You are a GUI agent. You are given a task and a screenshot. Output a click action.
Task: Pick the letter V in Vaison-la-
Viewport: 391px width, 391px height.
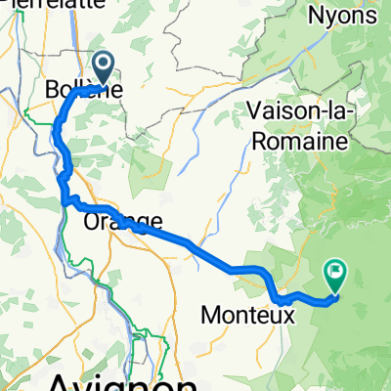coord(256,111)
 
